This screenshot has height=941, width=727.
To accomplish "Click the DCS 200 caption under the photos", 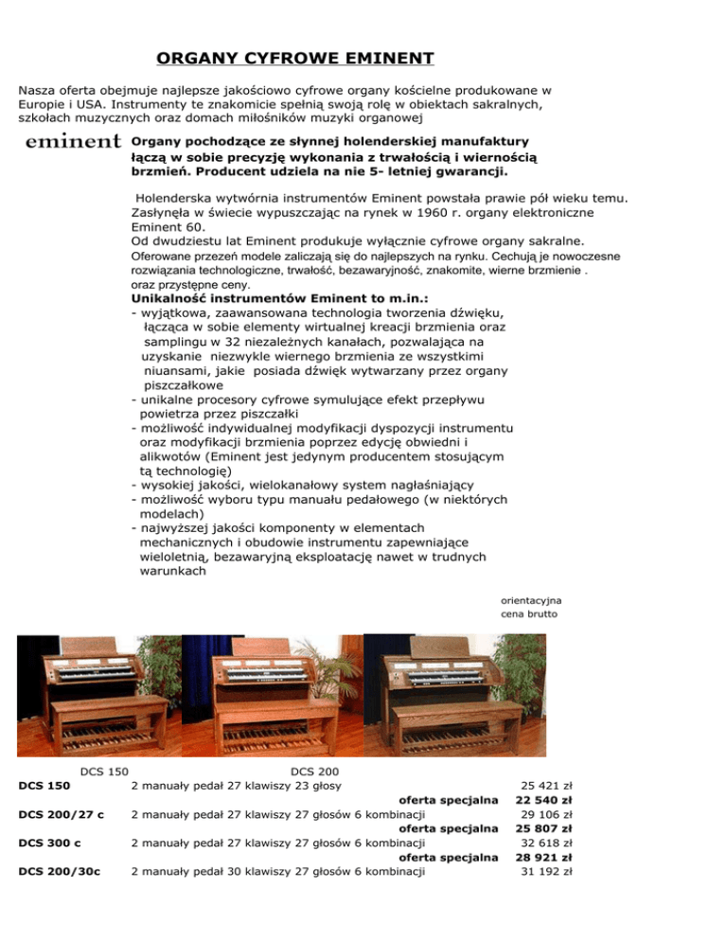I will click(x=314, y=772).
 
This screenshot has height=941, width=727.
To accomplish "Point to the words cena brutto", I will click(x=529, y=614).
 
